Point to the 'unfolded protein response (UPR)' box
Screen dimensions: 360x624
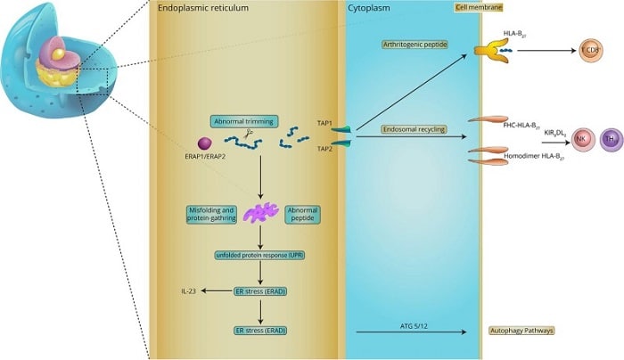coord(259,256)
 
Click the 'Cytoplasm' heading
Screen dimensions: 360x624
coord(372,8)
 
